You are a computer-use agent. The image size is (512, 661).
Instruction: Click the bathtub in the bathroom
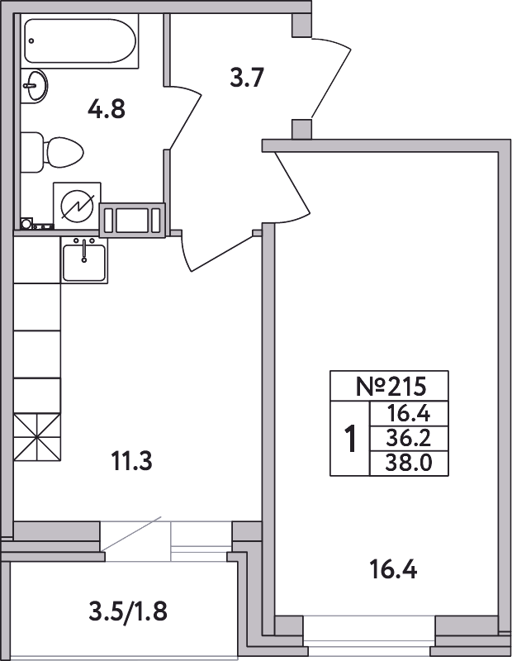coord(79,41)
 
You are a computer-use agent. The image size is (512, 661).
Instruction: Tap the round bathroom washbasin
coord(34,86)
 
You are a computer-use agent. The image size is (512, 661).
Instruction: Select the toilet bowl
coord(52,152)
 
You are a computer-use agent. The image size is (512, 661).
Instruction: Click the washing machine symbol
coord(77,206)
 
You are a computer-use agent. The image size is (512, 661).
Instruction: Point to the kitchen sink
coord(84,260)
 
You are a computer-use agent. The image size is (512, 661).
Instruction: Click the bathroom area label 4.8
coord(107,110)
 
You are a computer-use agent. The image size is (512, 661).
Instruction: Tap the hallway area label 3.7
coord(247,78)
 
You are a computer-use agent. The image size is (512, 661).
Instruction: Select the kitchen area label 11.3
coord(131,461)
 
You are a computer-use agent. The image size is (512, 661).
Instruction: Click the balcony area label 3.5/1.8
coord(128,611)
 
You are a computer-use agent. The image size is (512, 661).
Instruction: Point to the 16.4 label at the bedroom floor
coord(393,570)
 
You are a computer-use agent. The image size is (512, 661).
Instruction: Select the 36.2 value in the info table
coord(408,439)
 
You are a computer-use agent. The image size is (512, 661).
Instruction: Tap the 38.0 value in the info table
coord(409,463)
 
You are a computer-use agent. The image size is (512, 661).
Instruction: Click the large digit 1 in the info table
coord(350,439)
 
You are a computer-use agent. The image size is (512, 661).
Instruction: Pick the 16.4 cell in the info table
coord(408,414)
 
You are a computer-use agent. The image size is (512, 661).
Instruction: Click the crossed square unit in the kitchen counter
coord(37,438)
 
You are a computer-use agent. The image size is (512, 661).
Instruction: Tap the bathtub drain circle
coord(31,40)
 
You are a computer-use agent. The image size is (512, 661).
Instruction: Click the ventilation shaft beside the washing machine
coord(132,220)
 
